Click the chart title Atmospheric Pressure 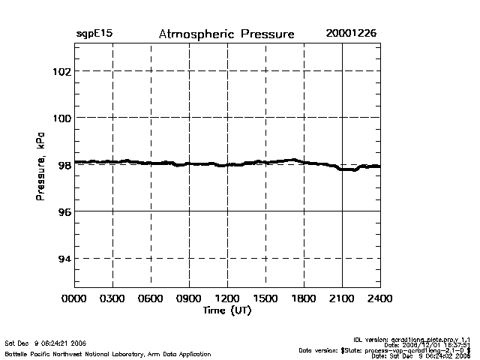[226, 34]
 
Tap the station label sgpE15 [94, 34]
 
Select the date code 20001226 [352, 34]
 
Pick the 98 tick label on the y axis [63, 165]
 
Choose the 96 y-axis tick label [63, 211]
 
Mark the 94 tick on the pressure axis [63, 259]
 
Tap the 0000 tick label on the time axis [74, 298]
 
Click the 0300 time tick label [112, 298]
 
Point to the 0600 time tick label [151, 298]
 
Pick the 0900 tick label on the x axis [189, 298]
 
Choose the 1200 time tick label [227, 298]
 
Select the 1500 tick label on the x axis [265, 298]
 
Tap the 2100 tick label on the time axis [342, 298]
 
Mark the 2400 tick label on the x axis [380, 298]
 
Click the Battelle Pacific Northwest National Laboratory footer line [108, 353]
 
